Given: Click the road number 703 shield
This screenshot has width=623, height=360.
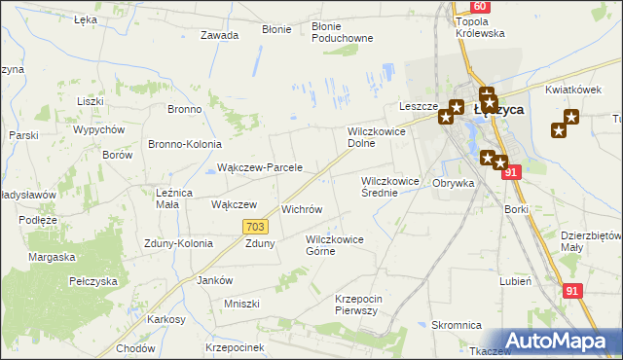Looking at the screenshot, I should pyautogui.click(x=254, y=227).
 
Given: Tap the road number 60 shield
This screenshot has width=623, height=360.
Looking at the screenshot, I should pyautogui.click(x=481, y=6).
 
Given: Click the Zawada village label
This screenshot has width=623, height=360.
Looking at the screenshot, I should pyautogui.click(x=219, y=35).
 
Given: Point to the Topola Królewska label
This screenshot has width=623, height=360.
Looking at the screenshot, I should pyautogui.click(x=480, y=26).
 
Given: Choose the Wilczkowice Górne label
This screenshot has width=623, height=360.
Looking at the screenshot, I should pyautogui.click(x=334, y=245).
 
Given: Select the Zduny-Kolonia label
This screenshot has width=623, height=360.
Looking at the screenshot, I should pyautogui.click(x=177, y=243).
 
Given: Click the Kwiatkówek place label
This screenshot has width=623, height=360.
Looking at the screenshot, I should pyautogui.click(x=571, y=90).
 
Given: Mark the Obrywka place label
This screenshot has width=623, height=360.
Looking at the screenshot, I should pyautogui.click(x=453, y=183).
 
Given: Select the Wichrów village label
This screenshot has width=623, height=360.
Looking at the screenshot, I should pyautogui.click(x=301, y=209).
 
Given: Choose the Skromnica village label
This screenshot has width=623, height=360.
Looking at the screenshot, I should pyautogui.click(x=458, y=325).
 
